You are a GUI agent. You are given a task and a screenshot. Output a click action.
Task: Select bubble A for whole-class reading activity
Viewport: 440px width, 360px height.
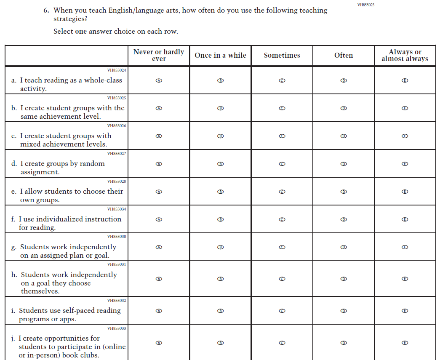click(159, 80)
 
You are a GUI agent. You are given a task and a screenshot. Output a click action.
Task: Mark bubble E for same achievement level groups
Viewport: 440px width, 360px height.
click(405, 108)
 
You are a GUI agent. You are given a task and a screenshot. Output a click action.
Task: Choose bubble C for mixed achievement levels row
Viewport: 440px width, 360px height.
click(282, 136)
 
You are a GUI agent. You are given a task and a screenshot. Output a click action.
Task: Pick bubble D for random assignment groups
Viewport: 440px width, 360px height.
click(344, 164)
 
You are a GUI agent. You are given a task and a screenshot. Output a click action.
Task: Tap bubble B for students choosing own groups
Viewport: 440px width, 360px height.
click(220, 192)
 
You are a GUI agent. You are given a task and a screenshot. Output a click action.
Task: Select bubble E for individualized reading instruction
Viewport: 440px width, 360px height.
click(405, 219)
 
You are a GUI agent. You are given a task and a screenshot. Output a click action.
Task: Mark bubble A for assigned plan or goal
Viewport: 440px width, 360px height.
click(159, 247)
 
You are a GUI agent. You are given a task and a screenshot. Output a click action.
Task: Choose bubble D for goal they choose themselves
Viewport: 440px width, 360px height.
click(344, 279)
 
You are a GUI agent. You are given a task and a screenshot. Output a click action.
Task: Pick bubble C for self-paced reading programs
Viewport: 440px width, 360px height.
click(282, 311)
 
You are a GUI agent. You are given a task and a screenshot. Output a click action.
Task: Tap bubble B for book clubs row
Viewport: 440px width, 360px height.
click(220, 343)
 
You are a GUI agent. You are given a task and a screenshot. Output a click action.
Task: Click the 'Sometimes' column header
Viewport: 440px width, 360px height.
click(282, 56)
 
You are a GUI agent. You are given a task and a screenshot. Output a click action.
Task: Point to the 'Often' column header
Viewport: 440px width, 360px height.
click(344, 56)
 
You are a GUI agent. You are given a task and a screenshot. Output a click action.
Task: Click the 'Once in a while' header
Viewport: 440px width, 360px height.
click(220, 56)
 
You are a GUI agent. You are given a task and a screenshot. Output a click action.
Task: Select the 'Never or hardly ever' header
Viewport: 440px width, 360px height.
click(159, 56)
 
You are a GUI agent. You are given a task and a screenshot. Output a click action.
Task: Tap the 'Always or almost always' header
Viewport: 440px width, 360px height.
click(405, 56)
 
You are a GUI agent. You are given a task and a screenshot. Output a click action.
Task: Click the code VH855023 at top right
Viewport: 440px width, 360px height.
click(365, 5)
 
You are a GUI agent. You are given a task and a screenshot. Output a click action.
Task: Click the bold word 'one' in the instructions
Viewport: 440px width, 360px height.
click(81, 32)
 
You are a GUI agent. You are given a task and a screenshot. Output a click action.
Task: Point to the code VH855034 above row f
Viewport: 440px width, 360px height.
click(117, 209)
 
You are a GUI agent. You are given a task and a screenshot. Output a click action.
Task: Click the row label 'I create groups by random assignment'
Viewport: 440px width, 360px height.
click(62, 168)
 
